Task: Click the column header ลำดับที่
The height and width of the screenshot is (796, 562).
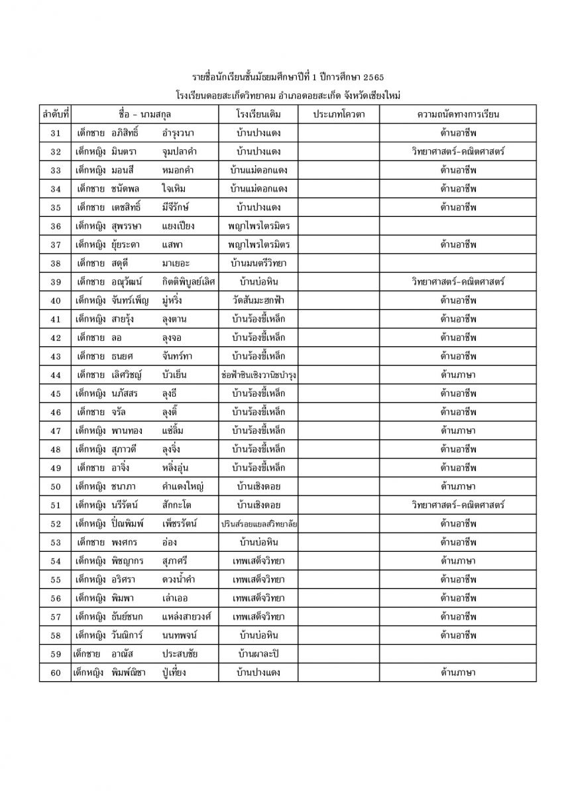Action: click(x=56, y=114)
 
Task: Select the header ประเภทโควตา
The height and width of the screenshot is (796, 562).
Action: click(x=338, y=114)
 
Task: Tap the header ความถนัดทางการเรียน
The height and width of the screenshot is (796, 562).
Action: click(x=458, y=114)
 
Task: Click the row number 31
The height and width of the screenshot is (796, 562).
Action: click(x=56, y=133)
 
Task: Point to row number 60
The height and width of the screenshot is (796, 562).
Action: click(x=56, y=673)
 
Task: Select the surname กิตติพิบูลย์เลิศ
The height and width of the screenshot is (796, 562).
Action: click(x=189, y=282)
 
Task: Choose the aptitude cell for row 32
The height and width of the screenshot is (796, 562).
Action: click(x=458, y=152)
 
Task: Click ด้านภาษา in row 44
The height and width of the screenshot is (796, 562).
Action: click(x=458, y=375)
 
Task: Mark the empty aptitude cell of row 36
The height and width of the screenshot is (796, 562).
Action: click(x=458, y=226)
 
